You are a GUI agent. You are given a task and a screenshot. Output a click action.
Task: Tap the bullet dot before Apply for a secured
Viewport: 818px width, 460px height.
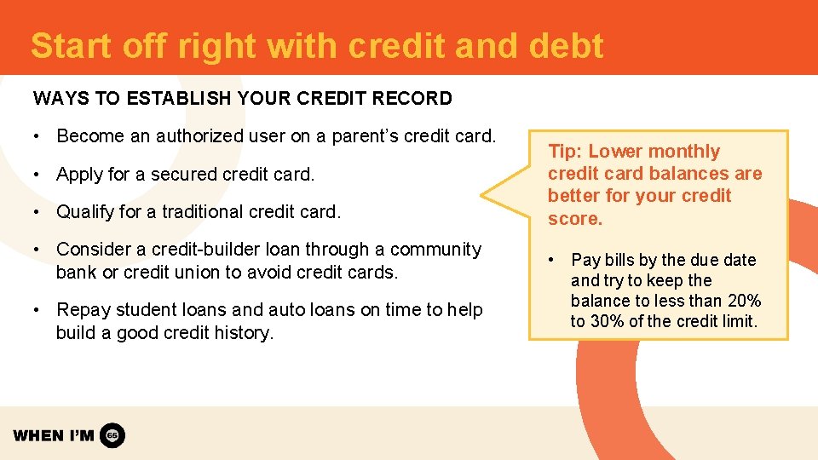(x=39, y=175)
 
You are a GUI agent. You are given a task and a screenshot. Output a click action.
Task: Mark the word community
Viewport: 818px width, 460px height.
(x=435, y=250)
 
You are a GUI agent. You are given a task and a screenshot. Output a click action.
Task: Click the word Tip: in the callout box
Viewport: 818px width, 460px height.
(x=565, y=152)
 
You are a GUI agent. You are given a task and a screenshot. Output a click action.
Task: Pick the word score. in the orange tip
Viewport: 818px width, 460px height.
(x=574, y=219)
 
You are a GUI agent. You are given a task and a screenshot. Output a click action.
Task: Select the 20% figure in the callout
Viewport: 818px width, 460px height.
(x=743, y=301)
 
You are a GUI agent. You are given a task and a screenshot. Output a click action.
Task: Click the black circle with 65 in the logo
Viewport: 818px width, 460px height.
(x=112, y=435)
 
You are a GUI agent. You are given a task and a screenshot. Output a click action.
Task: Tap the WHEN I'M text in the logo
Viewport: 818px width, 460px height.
(x=54, y=435)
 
